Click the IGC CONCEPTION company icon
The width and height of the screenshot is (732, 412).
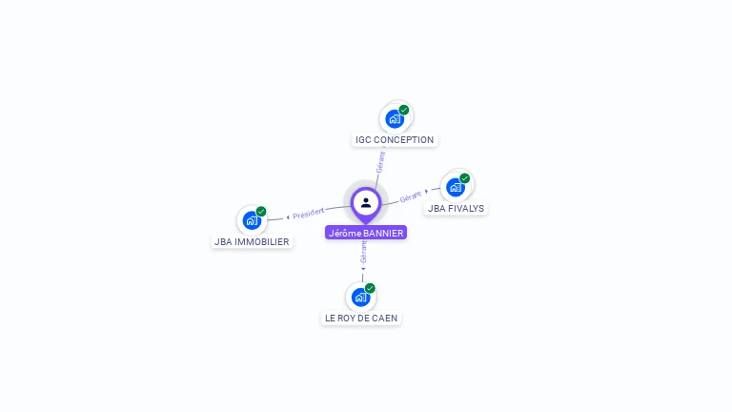point(395,119)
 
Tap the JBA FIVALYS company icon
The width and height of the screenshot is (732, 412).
point(456,187)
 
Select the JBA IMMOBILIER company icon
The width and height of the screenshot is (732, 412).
point(252,220)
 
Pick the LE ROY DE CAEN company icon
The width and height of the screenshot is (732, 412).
point(360,297)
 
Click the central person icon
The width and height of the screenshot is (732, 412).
point(366,202)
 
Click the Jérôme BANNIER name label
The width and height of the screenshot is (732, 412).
point(366,233)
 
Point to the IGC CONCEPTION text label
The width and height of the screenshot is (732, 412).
point(395,140)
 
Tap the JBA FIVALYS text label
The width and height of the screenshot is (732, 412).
point(456,208)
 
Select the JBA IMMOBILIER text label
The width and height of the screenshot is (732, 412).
point(252,241)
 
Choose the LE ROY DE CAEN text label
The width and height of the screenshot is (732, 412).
point(360,318)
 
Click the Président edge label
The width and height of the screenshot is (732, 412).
point(308,214)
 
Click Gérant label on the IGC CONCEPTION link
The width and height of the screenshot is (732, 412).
point(380,161)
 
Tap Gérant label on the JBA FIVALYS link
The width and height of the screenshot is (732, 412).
point(411,196)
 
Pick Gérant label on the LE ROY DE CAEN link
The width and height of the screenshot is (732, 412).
point(363,253)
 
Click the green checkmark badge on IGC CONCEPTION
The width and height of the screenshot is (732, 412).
point(404,110)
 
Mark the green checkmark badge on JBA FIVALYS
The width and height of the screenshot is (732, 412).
point(465,178)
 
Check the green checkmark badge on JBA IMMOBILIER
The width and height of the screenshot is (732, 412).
point(261,212)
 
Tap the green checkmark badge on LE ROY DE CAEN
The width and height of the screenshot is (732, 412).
point(370,288)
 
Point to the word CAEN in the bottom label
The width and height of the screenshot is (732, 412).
point(385,318)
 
